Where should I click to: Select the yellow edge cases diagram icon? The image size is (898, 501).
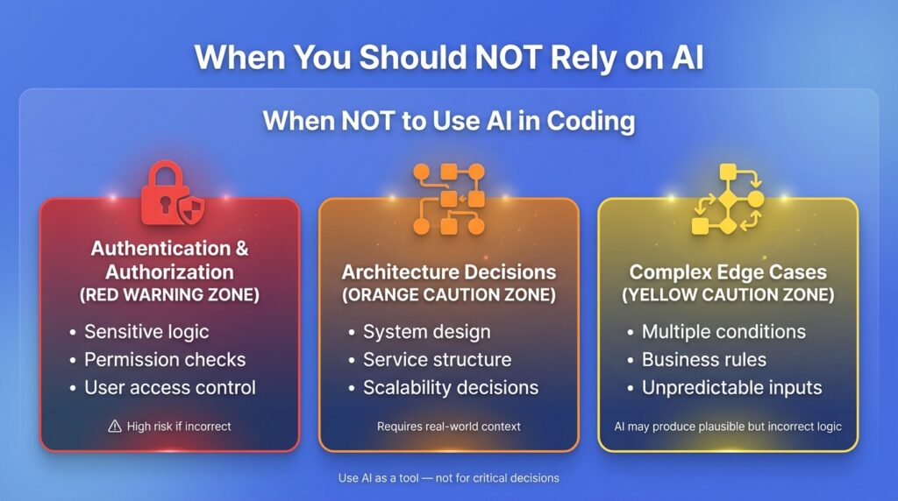728,199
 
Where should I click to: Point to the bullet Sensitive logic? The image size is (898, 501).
146,332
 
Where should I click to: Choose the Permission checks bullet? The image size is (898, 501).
165,359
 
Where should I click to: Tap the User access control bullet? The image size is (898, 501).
170,387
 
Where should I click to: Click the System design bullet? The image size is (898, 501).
427,332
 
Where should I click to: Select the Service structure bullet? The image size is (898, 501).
437,359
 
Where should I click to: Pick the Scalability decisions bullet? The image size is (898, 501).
451,387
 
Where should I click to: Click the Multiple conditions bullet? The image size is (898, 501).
723,332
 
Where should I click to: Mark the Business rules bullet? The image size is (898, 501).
704,359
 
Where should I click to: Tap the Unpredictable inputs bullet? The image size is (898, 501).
731,387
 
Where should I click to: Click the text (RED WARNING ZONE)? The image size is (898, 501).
169,295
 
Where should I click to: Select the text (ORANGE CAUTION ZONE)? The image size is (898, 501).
449,295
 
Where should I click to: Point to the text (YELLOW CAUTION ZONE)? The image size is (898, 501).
728,295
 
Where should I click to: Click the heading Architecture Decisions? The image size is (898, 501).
449,272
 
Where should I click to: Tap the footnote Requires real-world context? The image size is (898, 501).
449,427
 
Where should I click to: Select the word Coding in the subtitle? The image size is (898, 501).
591,120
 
